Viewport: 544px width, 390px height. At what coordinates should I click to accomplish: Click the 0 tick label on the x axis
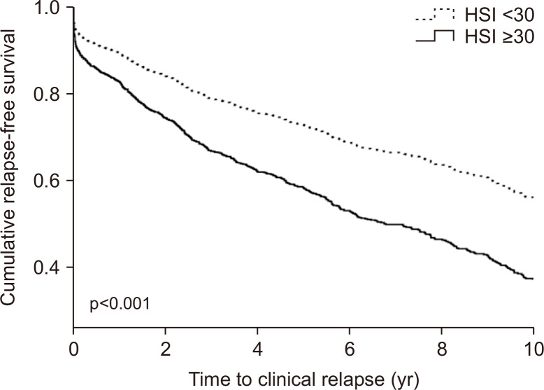pos(73,350)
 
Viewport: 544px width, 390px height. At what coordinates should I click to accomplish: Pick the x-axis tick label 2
pos(166,350)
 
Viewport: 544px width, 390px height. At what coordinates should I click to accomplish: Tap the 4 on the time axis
pos(257,350)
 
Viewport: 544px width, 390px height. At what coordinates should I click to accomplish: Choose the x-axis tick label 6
pos(350,350)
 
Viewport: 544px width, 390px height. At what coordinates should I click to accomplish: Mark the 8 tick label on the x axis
pos(442,350)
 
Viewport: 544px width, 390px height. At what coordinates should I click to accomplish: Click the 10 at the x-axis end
pos(533,350)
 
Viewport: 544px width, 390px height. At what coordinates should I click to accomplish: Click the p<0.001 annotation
pos(120,304)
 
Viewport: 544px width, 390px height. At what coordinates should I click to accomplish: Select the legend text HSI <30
pos(499,15)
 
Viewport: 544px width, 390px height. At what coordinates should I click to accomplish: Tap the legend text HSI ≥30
pos(499,37)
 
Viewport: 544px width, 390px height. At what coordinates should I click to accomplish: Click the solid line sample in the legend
pos(435,36)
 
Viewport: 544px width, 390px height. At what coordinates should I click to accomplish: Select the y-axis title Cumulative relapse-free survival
pos(8,167)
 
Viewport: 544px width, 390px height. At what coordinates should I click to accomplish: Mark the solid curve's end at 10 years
pos(533,279)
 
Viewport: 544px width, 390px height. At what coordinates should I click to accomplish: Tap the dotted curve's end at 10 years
pos(533,197)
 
